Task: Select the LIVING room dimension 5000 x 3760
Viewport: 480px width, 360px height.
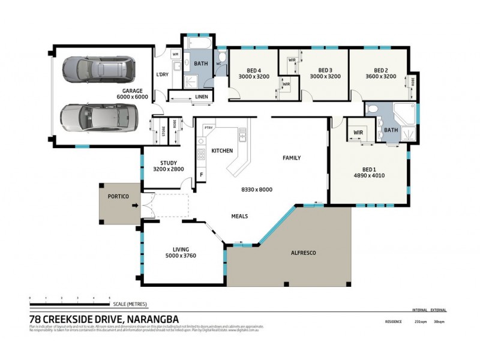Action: [181, 256]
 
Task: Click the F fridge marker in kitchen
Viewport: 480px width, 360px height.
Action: [202, 174]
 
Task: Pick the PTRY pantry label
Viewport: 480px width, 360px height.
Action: [209, 127]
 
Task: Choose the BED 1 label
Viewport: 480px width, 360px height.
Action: [369, 168]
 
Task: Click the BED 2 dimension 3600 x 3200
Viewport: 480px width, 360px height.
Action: [382, 77]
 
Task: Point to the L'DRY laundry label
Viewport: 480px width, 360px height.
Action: [162, 74]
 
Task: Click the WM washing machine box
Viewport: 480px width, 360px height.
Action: [176, 55]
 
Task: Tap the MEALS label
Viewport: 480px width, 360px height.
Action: [239, 216]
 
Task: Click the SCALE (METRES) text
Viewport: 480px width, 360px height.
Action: [130, 304]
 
